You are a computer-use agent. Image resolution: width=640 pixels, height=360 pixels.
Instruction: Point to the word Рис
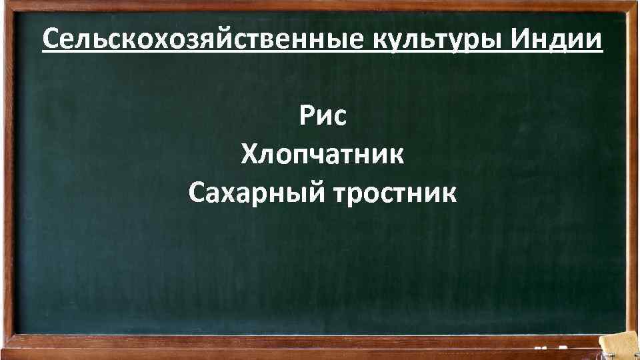point(323,118)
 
